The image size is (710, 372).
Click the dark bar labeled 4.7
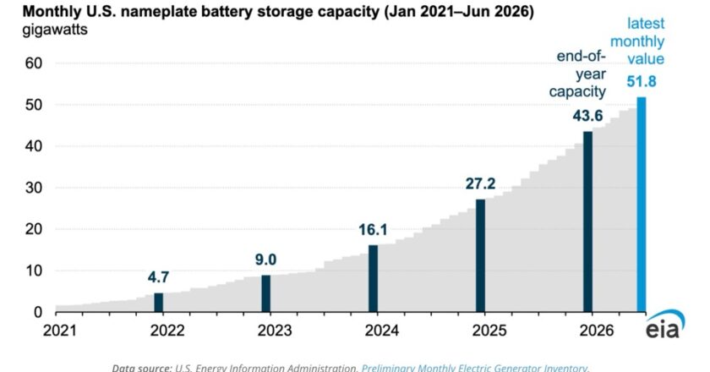[x=159, y=302]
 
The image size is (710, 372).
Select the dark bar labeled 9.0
[x=265, y=293]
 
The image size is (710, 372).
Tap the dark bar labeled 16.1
[x=373, y=279]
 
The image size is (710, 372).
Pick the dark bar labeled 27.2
[x=480, y=255]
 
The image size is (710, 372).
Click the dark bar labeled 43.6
[x=587, y=222]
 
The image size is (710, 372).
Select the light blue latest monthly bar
[x=642, y=205]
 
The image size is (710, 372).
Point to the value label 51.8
[x=642, y=81]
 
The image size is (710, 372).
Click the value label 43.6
[x=587, y=116]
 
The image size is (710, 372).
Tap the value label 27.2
[x=480, y=183]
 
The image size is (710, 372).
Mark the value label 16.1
[x=373, y=230]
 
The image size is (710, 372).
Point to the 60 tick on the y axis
[x=34, y=63]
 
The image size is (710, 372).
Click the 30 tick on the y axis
[x=34, y=188]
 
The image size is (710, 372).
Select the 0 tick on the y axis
[x=38, y=312]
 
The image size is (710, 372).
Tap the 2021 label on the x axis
[x=60, y=331]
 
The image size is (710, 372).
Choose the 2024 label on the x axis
[x=382, y=331]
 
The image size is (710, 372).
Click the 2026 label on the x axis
[x=597, y=331]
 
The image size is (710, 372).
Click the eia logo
[x=664, y=325]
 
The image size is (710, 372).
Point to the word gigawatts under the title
[x=55, y=30]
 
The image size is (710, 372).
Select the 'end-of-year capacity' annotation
[x=577, y=74]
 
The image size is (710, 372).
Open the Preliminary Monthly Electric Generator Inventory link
[x=475, y=368]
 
